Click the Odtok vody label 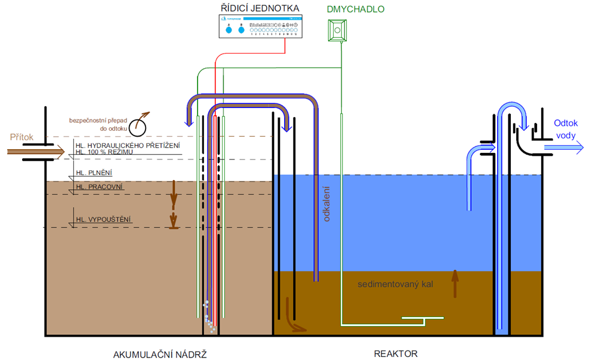pos(566,129)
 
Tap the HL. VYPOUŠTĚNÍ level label pos(103,220)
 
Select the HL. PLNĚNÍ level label pos(94,173)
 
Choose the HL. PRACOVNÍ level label pos(99,187)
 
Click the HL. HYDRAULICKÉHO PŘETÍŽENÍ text pos(127,146)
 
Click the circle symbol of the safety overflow pos(138,125)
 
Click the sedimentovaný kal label pos(394,284)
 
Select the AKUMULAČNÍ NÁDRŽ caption pos(159,353)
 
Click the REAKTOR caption pos(396,353)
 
